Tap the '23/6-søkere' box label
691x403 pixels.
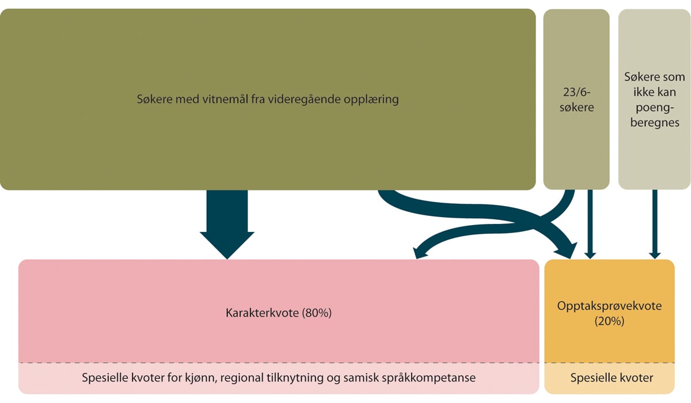576,99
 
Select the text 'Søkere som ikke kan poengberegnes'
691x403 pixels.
654,99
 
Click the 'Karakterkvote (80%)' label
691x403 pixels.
279,313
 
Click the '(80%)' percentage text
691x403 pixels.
317,313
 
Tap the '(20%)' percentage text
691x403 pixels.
609,322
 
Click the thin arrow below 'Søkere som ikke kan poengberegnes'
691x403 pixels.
654,225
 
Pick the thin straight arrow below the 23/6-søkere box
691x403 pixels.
589,225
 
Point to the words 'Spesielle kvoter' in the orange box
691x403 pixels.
609,378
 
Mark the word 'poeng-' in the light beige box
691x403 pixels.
654,111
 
